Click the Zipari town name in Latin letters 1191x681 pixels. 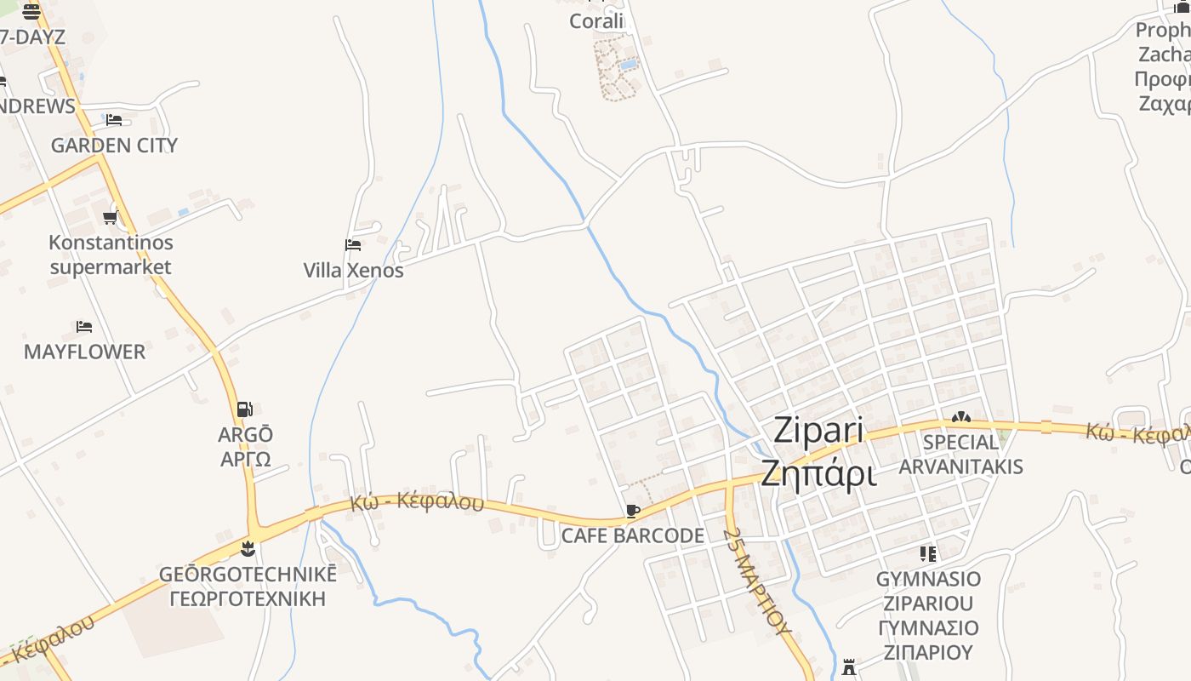click(x=818, y=432)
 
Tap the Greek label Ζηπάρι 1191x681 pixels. click(x=818, y=473)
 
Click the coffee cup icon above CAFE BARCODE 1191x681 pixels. click(x=632, y=511)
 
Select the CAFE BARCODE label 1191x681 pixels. click(x=632, y=535)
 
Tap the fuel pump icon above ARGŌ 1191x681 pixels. click(x=245, y=409)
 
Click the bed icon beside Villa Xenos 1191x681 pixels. click(x=353, y=245)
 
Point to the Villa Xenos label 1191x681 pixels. click(x=353, y=271)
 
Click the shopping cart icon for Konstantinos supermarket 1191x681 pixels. click(x=110, y=218)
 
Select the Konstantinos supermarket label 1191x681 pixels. click(x=111, y=255)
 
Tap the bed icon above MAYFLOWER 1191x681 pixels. click(x=83, y=327)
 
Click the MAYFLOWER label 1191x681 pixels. click(x=84, y=352)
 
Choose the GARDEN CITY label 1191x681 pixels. click(x=114, y=145)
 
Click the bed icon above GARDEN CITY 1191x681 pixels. click(x=114, y=120)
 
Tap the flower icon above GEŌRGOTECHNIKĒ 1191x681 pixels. click(x=248, y=549)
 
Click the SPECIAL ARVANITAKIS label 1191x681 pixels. click(x=960, y=454)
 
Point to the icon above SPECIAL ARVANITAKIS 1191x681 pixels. click(x=960, y=417)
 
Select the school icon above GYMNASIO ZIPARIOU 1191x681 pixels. click(x=928, y=554)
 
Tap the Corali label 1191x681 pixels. click(x=596, y=21)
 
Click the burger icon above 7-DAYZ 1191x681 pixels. click(x=31, y=12)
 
